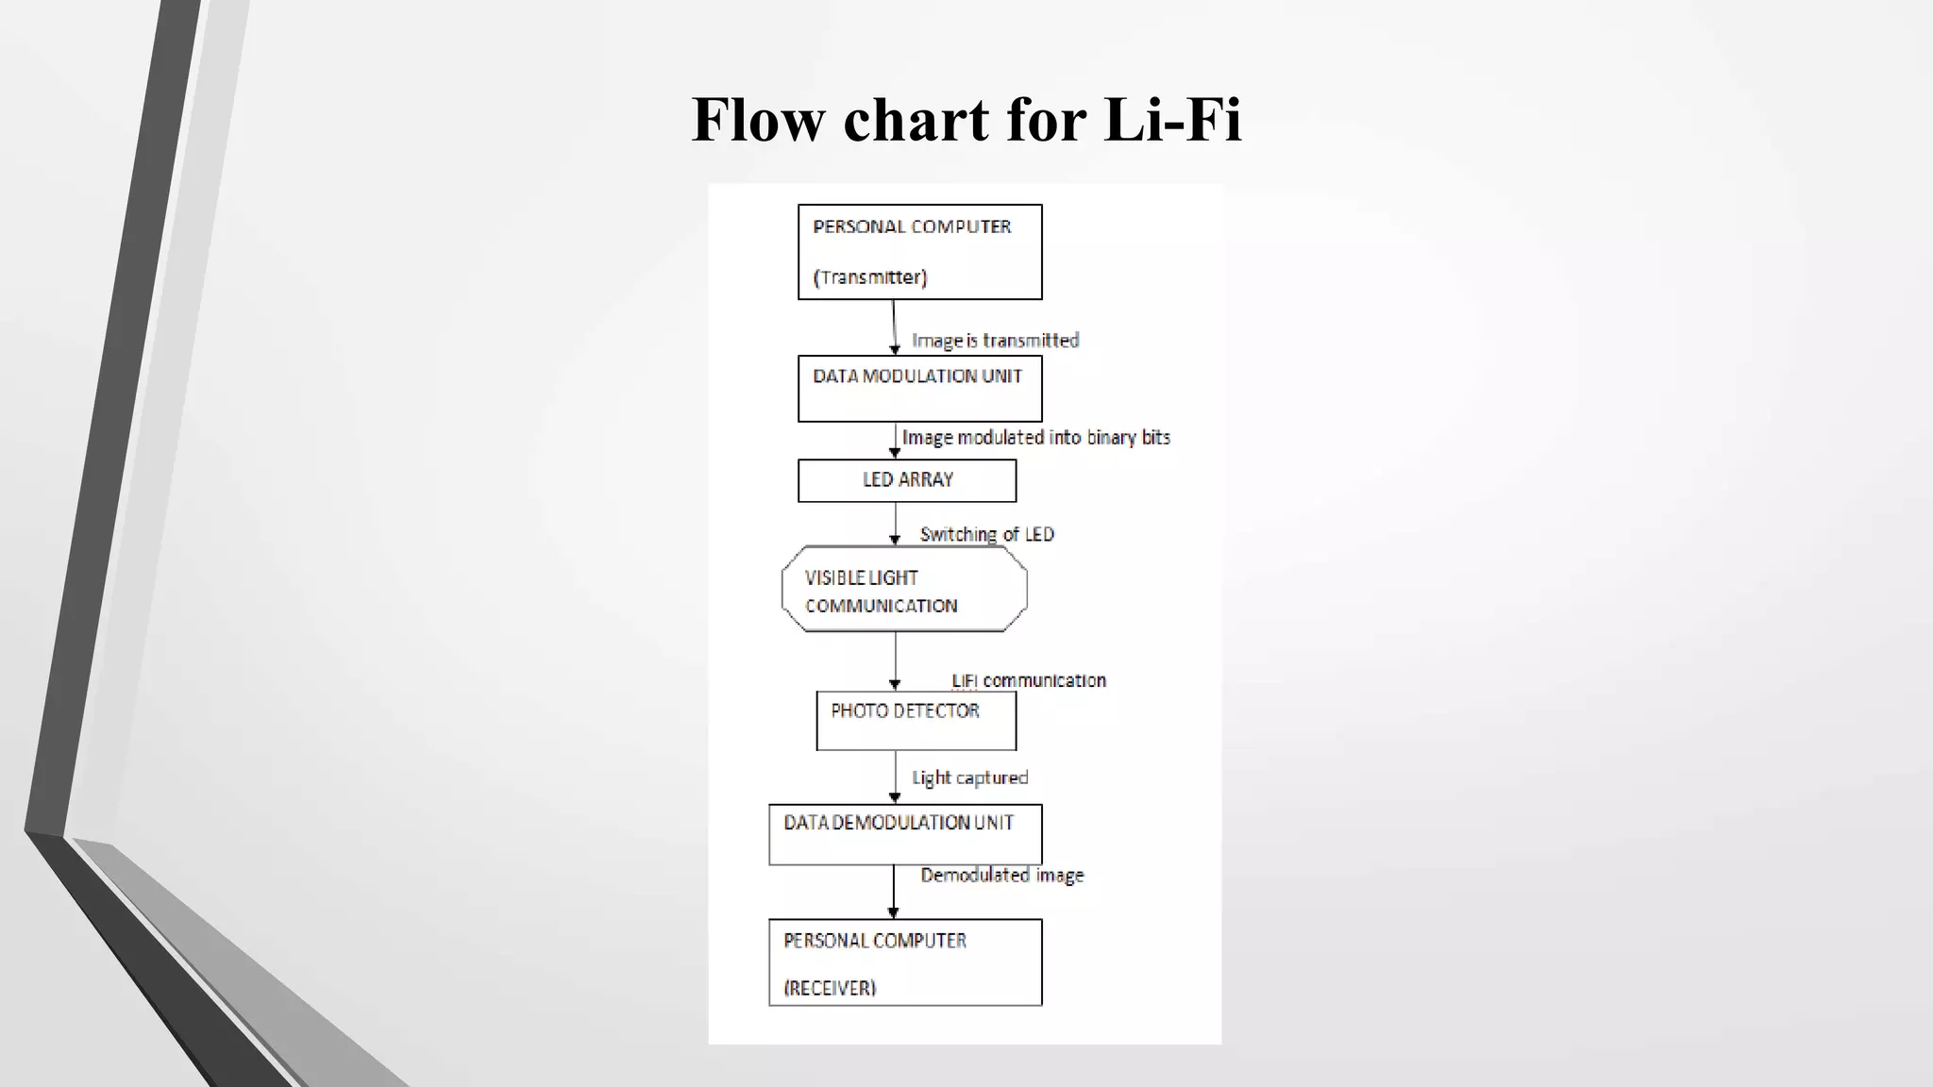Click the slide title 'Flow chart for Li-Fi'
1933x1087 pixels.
tap(966, 120)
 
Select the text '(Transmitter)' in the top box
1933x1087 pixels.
tap(870, 277)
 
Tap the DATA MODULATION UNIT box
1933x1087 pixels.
tap(919, 389)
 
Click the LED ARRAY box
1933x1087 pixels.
tap(907, 480)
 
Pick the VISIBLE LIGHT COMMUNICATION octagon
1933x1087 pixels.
tap(904, 590)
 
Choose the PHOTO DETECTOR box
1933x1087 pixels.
tap(916, 721)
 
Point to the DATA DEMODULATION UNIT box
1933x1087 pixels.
tap(904, 834)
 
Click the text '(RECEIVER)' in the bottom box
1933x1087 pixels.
tap(830, 988)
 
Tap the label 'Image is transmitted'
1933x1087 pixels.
tap(995, 341)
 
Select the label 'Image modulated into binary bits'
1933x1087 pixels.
tap(1035, 438)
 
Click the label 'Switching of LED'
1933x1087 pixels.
tap(986, 534)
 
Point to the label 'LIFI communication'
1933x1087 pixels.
tap(1028, 680)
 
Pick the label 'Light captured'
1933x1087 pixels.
tap(969, 778)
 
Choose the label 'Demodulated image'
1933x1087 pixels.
tap(1001, 876)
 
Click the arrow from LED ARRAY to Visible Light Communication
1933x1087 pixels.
tap(895, 524)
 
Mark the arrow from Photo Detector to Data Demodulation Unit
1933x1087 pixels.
tap(895, 777)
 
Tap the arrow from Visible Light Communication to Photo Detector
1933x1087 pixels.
tap(895, 661)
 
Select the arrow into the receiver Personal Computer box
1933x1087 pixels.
tap(894, 892)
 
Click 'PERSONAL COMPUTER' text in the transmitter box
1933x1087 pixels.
tap(912, 226)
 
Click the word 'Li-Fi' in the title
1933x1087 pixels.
tap(1172, 120)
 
